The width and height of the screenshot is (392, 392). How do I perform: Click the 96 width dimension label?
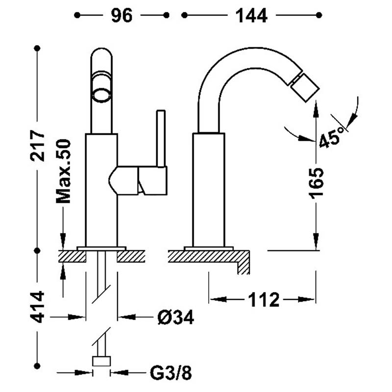coord(122,16)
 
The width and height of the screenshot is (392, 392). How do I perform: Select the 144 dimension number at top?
coord(251,16)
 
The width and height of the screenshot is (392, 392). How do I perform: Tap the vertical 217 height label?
coord(38,145)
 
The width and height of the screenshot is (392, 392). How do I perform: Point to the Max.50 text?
coord(63,171)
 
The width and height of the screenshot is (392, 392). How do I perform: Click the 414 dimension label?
coord(38,307)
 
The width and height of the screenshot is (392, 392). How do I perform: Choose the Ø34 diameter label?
coord(176,317)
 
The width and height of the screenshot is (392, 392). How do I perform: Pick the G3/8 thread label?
coord(171,373)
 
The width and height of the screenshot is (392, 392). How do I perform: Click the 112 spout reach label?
coord(264,299)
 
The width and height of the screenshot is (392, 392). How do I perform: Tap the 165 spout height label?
coord(316,183)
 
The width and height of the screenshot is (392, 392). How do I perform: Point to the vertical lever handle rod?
coord(161,138)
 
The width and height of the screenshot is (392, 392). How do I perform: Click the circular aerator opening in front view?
coord(101,95)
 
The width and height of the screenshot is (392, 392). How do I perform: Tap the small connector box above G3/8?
coord(101,361)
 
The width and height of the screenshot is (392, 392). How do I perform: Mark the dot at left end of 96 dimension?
coord(77,15)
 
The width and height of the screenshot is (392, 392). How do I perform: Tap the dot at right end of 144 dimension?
coord(319,15)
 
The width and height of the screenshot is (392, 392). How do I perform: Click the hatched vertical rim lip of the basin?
coord(243,268)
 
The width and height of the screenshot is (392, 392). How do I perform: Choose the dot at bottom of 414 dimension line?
coord(37,366)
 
